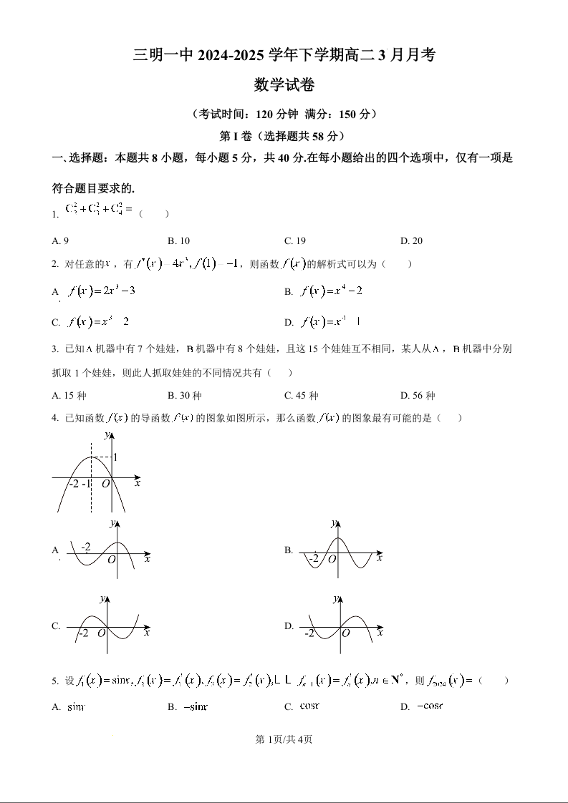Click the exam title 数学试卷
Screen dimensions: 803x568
[284, 85]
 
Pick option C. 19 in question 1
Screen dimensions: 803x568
[295, 241]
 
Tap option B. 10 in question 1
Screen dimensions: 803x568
[178, 241]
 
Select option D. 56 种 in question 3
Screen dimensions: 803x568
[418, 396]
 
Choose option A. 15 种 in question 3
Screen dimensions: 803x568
[69, 396]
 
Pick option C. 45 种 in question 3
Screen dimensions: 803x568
[301, 396]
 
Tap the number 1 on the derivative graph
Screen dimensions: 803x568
[115, 457]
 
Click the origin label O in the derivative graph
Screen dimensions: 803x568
[105, 484]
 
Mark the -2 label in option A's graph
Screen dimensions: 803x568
[86, 547]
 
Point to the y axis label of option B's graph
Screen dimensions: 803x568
[333, 524]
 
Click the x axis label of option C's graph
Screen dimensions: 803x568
[147, 633]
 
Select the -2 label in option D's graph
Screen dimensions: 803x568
[309, 634]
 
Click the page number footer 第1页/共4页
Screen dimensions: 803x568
[284, 739]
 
